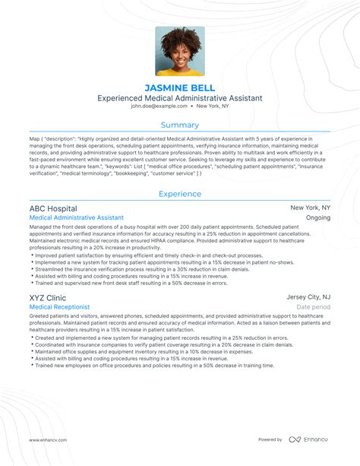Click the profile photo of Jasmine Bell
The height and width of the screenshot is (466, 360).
pyautogui.click(x=180, y=52)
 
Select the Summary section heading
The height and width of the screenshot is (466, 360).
pyautogui.click(x=180, y=125)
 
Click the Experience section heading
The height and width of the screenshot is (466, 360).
pyautogui.click(x=180, y=194)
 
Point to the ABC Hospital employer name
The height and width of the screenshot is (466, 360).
pyautogui.click(x=52, y=208)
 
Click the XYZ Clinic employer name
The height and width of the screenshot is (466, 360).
pyautogui.click(x=47, y=297)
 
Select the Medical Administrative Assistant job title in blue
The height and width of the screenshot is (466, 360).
pyautogui.click(x=77, y=218)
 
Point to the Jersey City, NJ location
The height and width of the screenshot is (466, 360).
pyautogui.click(x=308, y=297)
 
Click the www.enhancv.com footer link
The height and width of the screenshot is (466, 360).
pyautogui.click(x=49, y=439)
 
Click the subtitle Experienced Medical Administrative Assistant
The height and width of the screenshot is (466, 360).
pyautogui.click(x=180, y=98)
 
